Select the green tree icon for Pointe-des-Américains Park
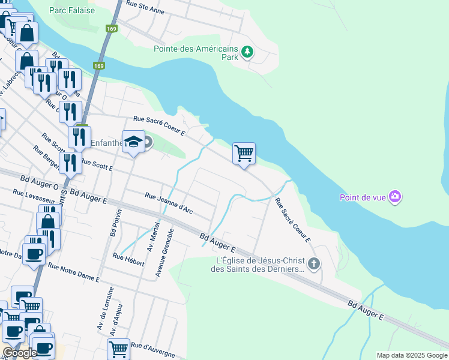(247, 53)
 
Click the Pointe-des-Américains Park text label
(196, 53)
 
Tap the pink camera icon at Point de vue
(394, 196)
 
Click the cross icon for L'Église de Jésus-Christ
(313, 263)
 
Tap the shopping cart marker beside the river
(244, 153)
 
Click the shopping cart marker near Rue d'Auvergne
(118, 348)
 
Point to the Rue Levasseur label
(34, 200)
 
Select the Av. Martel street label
(152, 236)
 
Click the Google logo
(19, 353)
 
